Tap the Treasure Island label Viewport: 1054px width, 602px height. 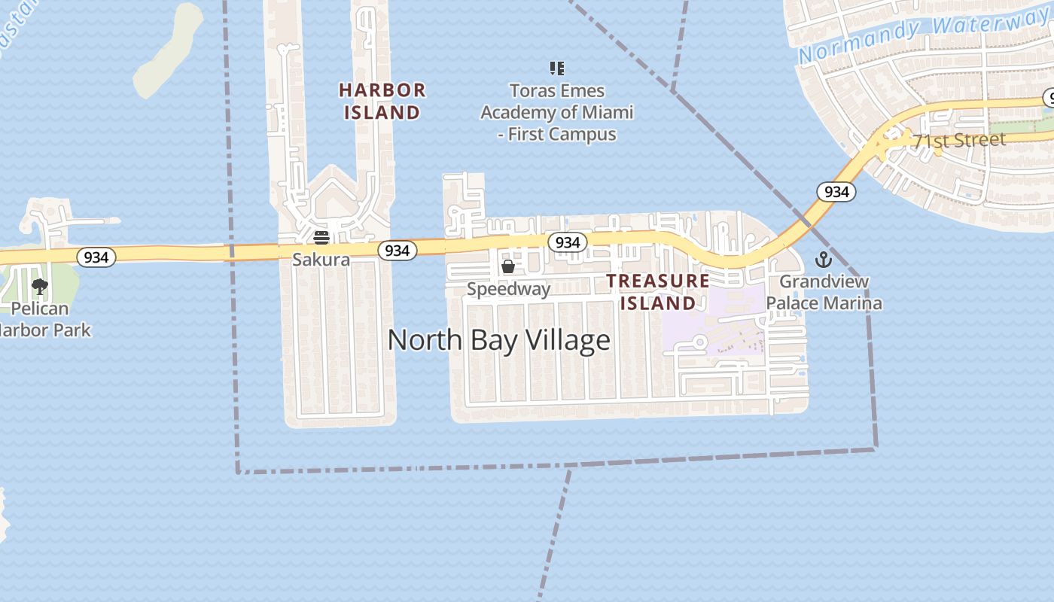[658, 292]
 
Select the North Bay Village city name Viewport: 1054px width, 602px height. [498, 340]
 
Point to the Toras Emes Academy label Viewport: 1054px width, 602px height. [557, 112]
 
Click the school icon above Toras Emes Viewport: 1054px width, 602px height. [557, 69]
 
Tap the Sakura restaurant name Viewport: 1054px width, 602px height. [321, 260]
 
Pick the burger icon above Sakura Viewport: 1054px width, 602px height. [321, 239]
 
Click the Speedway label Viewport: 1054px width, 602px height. [508, 289]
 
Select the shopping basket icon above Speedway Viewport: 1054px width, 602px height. [508, 266]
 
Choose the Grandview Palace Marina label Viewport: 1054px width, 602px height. [824, 292]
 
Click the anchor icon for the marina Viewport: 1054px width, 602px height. [824, 260]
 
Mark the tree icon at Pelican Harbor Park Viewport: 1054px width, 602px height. [40, 287]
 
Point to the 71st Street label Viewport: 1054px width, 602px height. [959, 140]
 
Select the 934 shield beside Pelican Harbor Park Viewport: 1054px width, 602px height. [96, 257]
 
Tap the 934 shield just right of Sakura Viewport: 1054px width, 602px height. [397, 250]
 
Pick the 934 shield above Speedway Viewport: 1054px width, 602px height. [567, 242]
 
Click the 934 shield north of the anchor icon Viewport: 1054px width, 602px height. [836, 191]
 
